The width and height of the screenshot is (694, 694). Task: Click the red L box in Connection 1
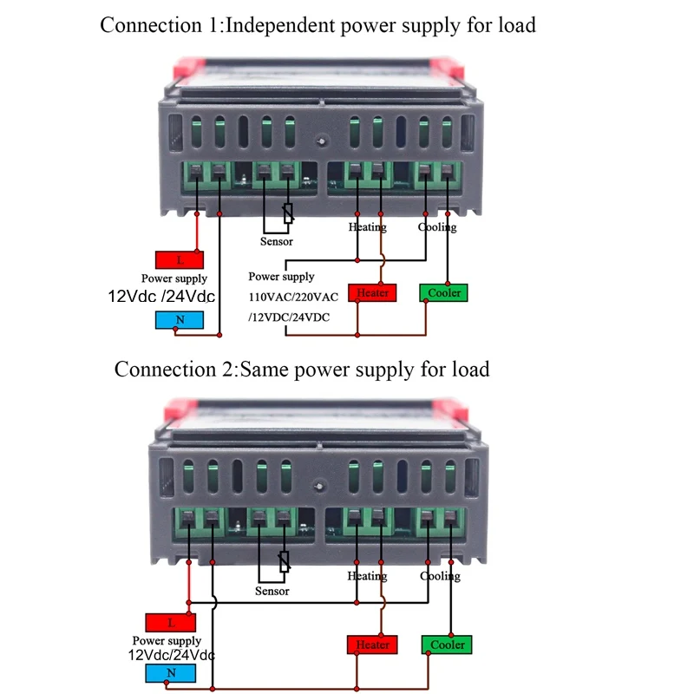pyautogui.click(x=180, y=259)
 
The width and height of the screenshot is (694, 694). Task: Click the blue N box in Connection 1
pyautogui.click(x=180, y=320)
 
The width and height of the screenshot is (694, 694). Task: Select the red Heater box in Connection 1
pyautogui.click(x=372, y=293)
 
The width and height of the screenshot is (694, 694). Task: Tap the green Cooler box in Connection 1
pyautogui.click(x=443, y=293)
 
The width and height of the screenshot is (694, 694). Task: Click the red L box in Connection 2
pyautogui.click(x=171, y=622)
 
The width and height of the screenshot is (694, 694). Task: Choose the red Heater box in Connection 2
pyautogui.click(x=372, y=645)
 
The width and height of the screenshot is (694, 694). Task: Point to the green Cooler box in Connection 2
pyautogui.click(x=447, y=645)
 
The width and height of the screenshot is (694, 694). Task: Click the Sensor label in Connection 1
pyautogui.click(x=277, y=241)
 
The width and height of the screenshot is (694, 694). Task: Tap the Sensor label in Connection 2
pyautogui.click(x=272, y=591)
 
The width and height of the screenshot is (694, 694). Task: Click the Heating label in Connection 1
pyautogui.click(x=367, y=227)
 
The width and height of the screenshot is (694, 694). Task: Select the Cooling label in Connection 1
pyautogui.click(x=437, y=227)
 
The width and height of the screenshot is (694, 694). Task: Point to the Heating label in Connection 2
pyautogui.click(x=367, y=576)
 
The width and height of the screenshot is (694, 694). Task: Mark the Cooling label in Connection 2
pyautogui.click(x=440, y=576)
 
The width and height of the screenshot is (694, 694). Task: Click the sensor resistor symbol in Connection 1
pyautogui.click(x=288, y=213)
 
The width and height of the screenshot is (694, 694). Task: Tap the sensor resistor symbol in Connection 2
pyautogui.click(x=283, y=562)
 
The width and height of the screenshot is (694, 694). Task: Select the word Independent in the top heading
pyautogui.click(x=285, y=24)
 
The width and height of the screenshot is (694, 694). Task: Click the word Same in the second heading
pyautogui.click(x=265, y=370)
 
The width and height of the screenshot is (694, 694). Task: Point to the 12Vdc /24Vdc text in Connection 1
pyautogui.click(x=162, y=297)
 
